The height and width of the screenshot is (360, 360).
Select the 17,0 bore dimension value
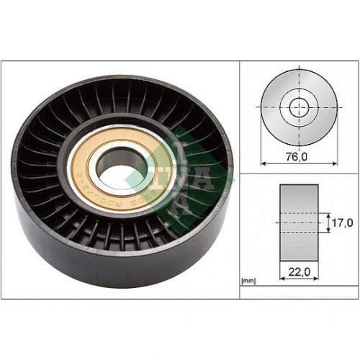pyautogui.click(x=341, y=223)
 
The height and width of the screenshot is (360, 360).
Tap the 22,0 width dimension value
pyautogui.click(x=298, y=273)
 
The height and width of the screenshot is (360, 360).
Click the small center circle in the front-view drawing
pyautogui.click(x=298, y=109)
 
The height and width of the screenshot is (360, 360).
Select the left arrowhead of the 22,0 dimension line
pyautogui.click(x=281, y=283)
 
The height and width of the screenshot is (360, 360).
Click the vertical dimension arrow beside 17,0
pyautogui.click(x=325, y=223)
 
